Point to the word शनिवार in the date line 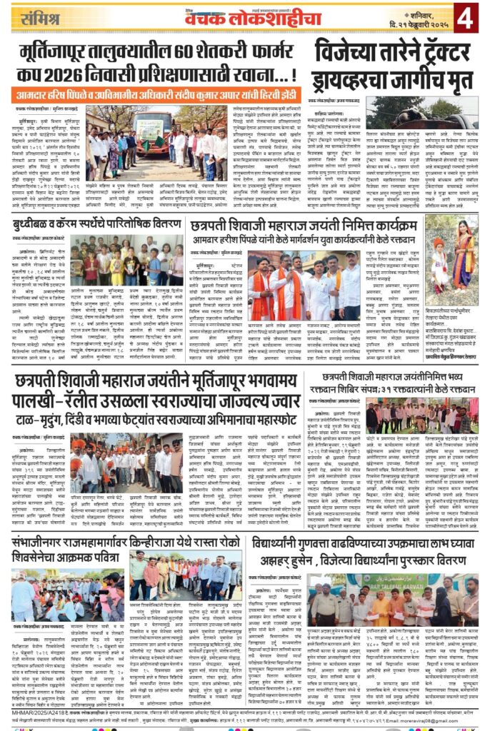pos(409,11)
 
